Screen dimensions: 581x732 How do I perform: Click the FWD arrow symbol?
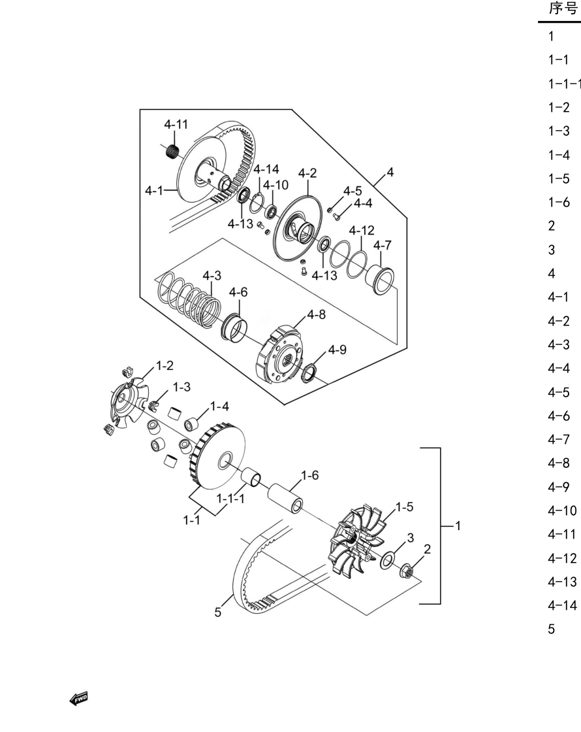pyautogui.click(x=79, y=699)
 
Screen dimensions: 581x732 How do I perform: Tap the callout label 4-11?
pyautogui.click(x=176, y=124)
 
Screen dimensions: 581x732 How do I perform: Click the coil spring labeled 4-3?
pyautogui.click(x=189, y=301)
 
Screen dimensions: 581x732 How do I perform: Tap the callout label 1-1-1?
pyautogui.click(x=230, y=499)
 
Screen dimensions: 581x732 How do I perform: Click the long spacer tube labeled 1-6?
pyautogui.click(x=285, y=497)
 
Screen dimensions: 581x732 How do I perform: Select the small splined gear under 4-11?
pyautogui.click(x=173, y=151)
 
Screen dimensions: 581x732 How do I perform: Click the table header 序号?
pyautogui.click(x=563, y=8)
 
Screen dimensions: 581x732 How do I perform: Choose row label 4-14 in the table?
pyautogui.click(x=562, y=605)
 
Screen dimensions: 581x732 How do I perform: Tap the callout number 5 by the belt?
pyautogui.click(x=218, y=612)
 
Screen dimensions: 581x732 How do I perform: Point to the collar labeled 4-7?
pyautogui.click(x=379, y=280)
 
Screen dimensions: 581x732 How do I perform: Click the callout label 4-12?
pyautogui.click(x=362, y=231)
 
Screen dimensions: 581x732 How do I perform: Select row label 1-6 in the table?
pyautogui.click(x=559, y=202)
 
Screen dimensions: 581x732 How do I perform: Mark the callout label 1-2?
pyautogui.click(x=165, y=365)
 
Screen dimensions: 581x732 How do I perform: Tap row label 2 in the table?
pyautogui.click(x=552, y=226)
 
